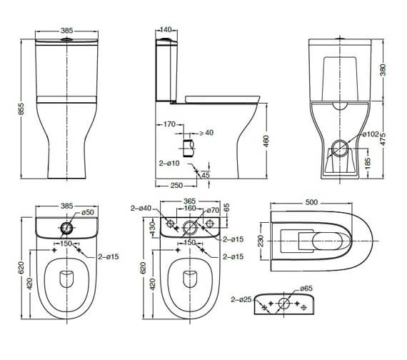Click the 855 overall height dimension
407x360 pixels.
[x=22, y=109]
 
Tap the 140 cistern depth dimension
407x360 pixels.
[x=166, y=29]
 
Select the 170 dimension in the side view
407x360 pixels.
[x=169, y=124]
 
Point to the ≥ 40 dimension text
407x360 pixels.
[x=206, y=133]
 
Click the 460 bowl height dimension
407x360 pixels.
[x=266, y=141]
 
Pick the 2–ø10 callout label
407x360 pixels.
[x=169, y=164]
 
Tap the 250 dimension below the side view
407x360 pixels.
[x=176, y=186]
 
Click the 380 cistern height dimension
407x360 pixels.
[x=383, y=69]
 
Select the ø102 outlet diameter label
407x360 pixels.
[x=371, y=134]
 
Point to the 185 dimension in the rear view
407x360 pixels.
[x=367, y=163]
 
